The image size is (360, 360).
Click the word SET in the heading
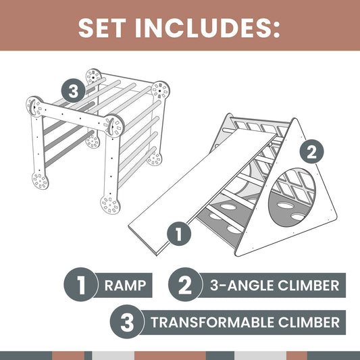coord(102,28)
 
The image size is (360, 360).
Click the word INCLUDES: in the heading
coord(207,28)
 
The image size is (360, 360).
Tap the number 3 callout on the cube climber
coord(73,91)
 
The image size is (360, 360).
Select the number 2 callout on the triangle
coord(312,152)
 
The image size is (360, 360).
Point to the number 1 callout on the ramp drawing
coord(179,234)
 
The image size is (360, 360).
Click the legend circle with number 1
coord(81,285)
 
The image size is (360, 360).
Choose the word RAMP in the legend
coord(125,285)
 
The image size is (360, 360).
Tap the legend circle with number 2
coord(186,285)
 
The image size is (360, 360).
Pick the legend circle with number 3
coord(127,322)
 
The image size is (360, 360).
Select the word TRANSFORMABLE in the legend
coord(212,322)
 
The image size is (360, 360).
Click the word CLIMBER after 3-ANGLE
coord(309,285)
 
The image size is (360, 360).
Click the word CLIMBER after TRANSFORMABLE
coord(309,322)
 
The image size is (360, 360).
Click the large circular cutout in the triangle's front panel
coord(292,197)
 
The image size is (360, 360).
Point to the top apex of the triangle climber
coord(294,119)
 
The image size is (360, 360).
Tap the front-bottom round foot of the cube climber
coord(110,205)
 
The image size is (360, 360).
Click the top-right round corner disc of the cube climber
coord(160,90)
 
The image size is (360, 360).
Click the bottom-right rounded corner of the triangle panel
coord(334,216)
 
